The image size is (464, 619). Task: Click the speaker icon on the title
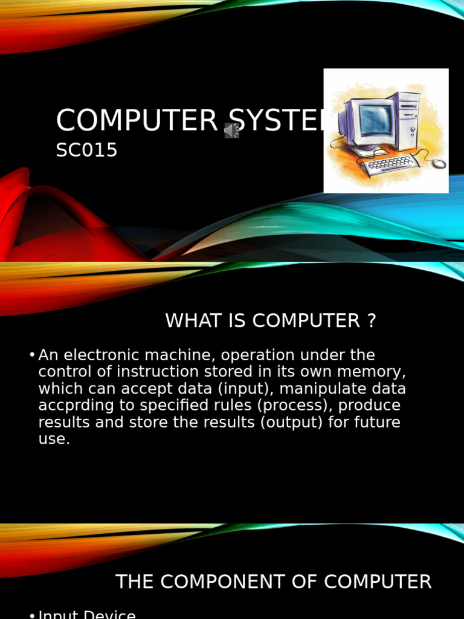(232, 131)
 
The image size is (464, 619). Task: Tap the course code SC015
(86, 151)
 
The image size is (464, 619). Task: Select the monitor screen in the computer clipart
(375, 119)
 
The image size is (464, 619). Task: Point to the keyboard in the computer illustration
(390, 164)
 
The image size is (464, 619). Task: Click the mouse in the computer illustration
(439, 163)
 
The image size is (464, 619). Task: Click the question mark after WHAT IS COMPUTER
(371, 321)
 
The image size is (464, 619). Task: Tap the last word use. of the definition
(54, 439)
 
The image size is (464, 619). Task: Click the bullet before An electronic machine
(31, 355)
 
